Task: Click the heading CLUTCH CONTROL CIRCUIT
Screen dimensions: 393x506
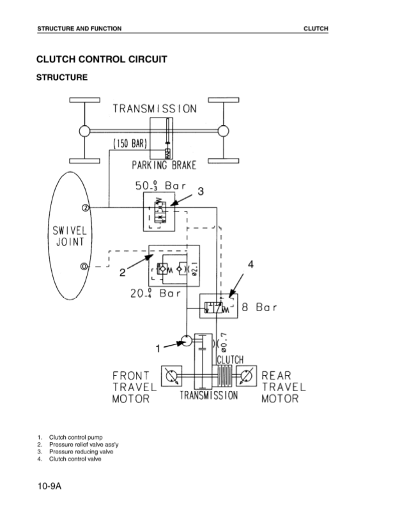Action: tap(102, 59)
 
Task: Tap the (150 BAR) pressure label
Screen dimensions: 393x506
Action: tap(130, 143)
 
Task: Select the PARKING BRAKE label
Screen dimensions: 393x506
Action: tap(164, 165)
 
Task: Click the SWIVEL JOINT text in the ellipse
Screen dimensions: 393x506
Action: tap(70, 236)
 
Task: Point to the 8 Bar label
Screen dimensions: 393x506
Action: tap(259, 307)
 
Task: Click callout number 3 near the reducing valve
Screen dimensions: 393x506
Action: tap(201, 191)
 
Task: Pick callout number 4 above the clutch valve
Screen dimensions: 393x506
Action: tap(250, 264)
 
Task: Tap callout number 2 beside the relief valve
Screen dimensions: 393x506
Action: tap(122, 273)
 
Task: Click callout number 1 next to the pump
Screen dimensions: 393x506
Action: tap(158, 349)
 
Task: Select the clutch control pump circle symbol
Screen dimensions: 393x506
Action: tap(186, 341)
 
